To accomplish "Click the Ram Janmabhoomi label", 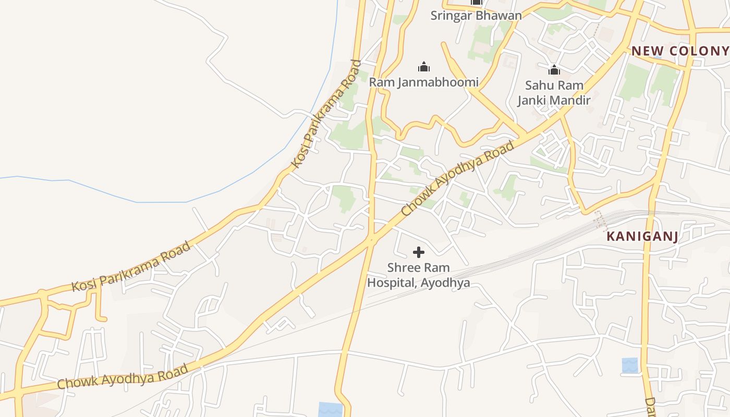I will pos(423,82).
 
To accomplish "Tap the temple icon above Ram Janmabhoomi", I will pos(424,67).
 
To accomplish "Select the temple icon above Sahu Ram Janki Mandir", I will pos(554,69).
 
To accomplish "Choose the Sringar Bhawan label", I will pos(476,16).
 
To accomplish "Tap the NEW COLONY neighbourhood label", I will pos(680,51).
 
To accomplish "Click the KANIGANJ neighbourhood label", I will pos(642,237).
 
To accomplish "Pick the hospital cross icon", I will pos(418,253).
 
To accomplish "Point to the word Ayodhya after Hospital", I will pos(446,283).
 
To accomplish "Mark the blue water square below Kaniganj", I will pos(630,365).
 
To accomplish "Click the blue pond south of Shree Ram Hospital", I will pos(331,409).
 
